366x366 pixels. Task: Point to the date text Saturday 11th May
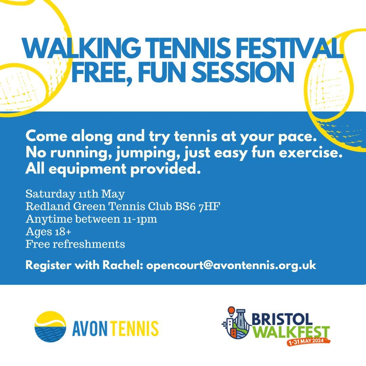point(75,194)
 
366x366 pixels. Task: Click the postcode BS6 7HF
point(198,206)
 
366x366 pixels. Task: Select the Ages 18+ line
point(48,232)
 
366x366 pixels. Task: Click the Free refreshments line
point(75,244)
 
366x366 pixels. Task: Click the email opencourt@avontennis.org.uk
point(231,265)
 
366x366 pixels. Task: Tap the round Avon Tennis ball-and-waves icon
point(50,327)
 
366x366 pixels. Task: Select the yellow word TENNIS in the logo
point(134,328)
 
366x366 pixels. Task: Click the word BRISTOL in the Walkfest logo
point(282,319)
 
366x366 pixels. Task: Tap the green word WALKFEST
point(291,332)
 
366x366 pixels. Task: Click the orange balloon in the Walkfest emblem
point(231,311)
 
